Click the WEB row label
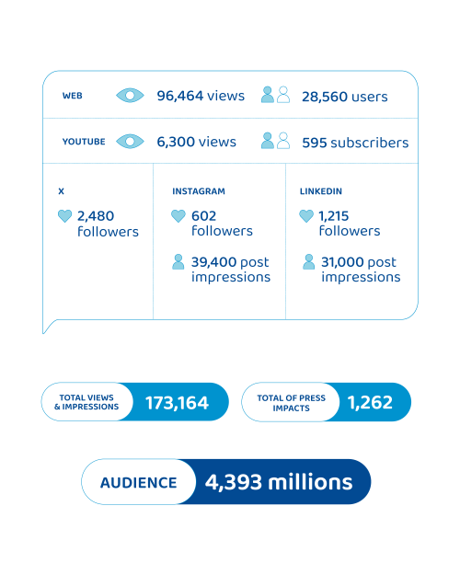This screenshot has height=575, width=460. click(73, 96)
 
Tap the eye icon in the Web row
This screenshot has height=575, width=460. click(130, 96)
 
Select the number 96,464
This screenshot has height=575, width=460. click(179, 96)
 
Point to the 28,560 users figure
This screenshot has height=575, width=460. click(344, 97)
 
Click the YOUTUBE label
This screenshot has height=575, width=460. click(84, 142)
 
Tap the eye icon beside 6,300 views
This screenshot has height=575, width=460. click(130, 141)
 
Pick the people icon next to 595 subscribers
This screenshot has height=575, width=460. click(275, 141)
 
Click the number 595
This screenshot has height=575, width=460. click(315, 143)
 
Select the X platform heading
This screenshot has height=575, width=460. click(62, 191)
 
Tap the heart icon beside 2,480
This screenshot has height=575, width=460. click(65, 216)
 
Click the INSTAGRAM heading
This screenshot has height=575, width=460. click(199, 191)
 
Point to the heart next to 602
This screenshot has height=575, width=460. click(178, 216)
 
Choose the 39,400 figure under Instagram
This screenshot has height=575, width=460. click(213, 262)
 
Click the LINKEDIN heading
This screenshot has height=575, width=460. click(320, 191)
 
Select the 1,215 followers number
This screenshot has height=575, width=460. click(333, 216)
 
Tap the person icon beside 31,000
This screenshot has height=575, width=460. click(308, 262)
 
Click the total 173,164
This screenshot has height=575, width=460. click(178, 403)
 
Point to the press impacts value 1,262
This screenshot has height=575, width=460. click(370, 402)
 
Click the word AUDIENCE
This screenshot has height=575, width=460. click(139, 483)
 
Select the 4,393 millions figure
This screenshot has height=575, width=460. click(279, 482)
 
